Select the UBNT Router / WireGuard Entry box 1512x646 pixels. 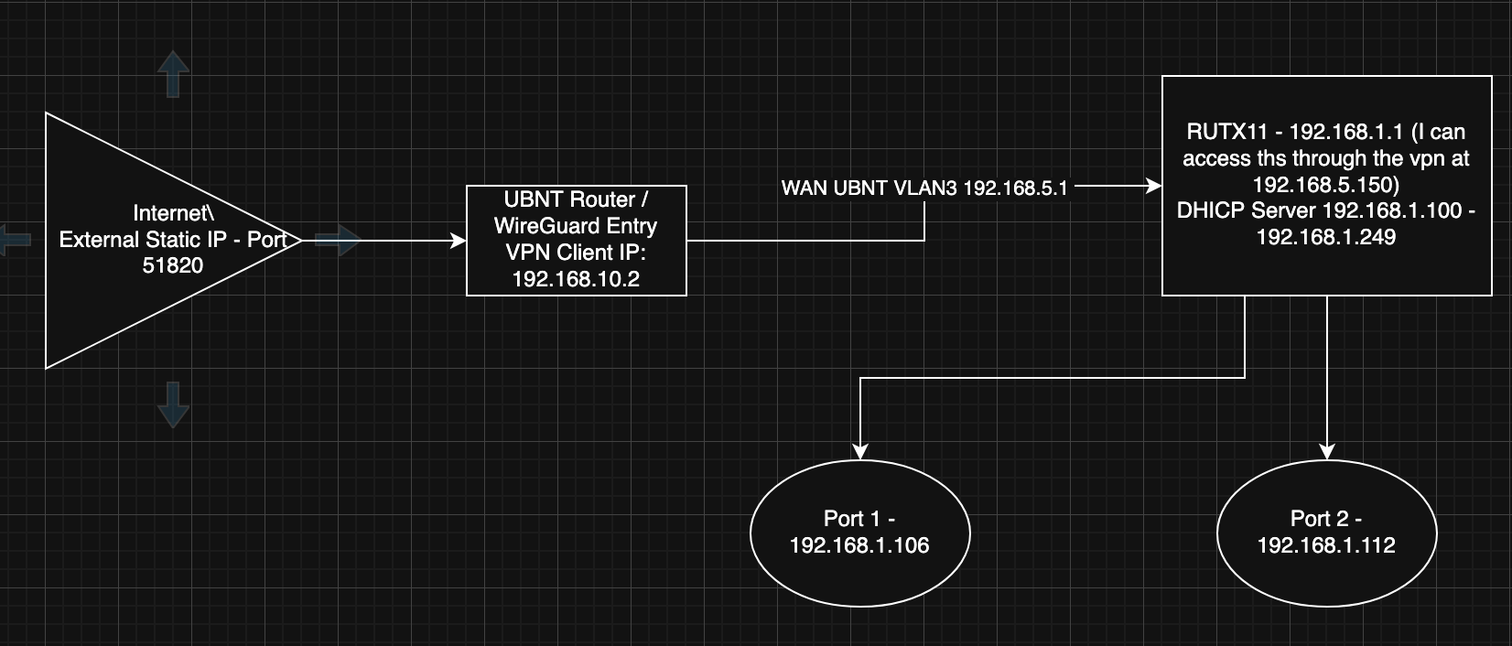576,240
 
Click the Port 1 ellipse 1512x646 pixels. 859,533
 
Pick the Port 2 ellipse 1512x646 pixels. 1326,533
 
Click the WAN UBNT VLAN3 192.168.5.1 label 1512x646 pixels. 924,188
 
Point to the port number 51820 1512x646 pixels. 173,265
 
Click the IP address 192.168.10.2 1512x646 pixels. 576,279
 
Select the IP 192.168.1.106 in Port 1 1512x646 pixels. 859,546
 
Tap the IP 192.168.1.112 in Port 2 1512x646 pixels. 1326,546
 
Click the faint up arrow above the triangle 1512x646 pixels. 173,73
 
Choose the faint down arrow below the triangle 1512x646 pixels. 173,405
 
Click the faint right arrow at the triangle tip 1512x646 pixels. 338,241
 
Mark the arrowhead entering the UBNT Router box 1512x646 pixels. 459,241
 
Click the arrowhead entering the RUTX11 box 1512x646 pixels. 1154,187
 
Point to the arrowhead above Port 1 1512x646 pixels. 859,451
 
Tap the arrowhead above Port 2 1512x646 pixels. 1327,451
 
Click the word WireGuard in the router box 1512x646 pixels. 558,226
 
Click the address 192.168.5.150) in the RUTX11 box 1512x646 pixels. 1326,185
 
